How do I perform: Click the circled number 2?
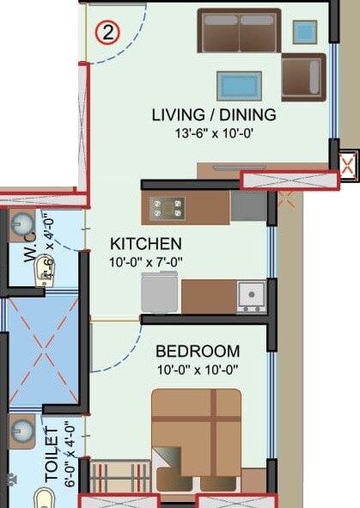(x=107, y=34)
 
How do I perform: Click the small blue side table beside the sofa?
(x=304, y=32)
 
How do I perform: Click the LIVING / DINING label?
(x=214, y=114)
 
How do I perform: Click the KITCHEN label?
(x=145, y=243)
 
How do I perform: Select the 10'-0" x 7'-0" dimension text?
(x=145, y=261)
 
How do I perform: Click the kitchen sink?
(x=251, y=296)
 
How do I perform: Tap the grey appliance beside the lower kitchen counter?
(x=161, y=293)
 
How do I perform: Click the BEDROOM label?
(x=197, y=352)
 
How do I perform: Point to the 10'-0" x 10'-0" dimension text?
(x=197, y=370)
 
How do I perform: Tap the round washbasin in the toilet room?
(x=21, y=429)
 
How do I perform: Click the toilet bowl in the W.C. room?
(x=43, y=274)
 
